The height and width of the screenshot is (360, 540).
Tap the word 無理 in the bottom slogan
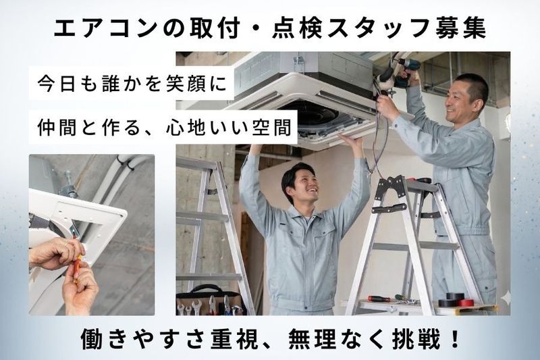pos(312,339)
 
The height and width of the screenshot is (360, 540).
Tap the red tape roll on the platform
pos(465,303)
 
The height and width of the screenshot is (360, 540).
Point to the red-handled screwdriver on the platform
pos(379,299)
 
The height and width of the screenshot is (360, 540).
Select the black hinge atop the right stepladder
pos(389,187)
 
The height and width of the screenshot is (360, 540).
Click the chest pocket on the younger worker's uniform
pos(323,237)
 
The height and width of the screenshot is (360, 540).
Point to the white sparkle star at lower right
pos(506,297)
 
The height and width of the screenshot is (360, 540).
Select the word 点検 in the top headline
pos(297,28)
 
